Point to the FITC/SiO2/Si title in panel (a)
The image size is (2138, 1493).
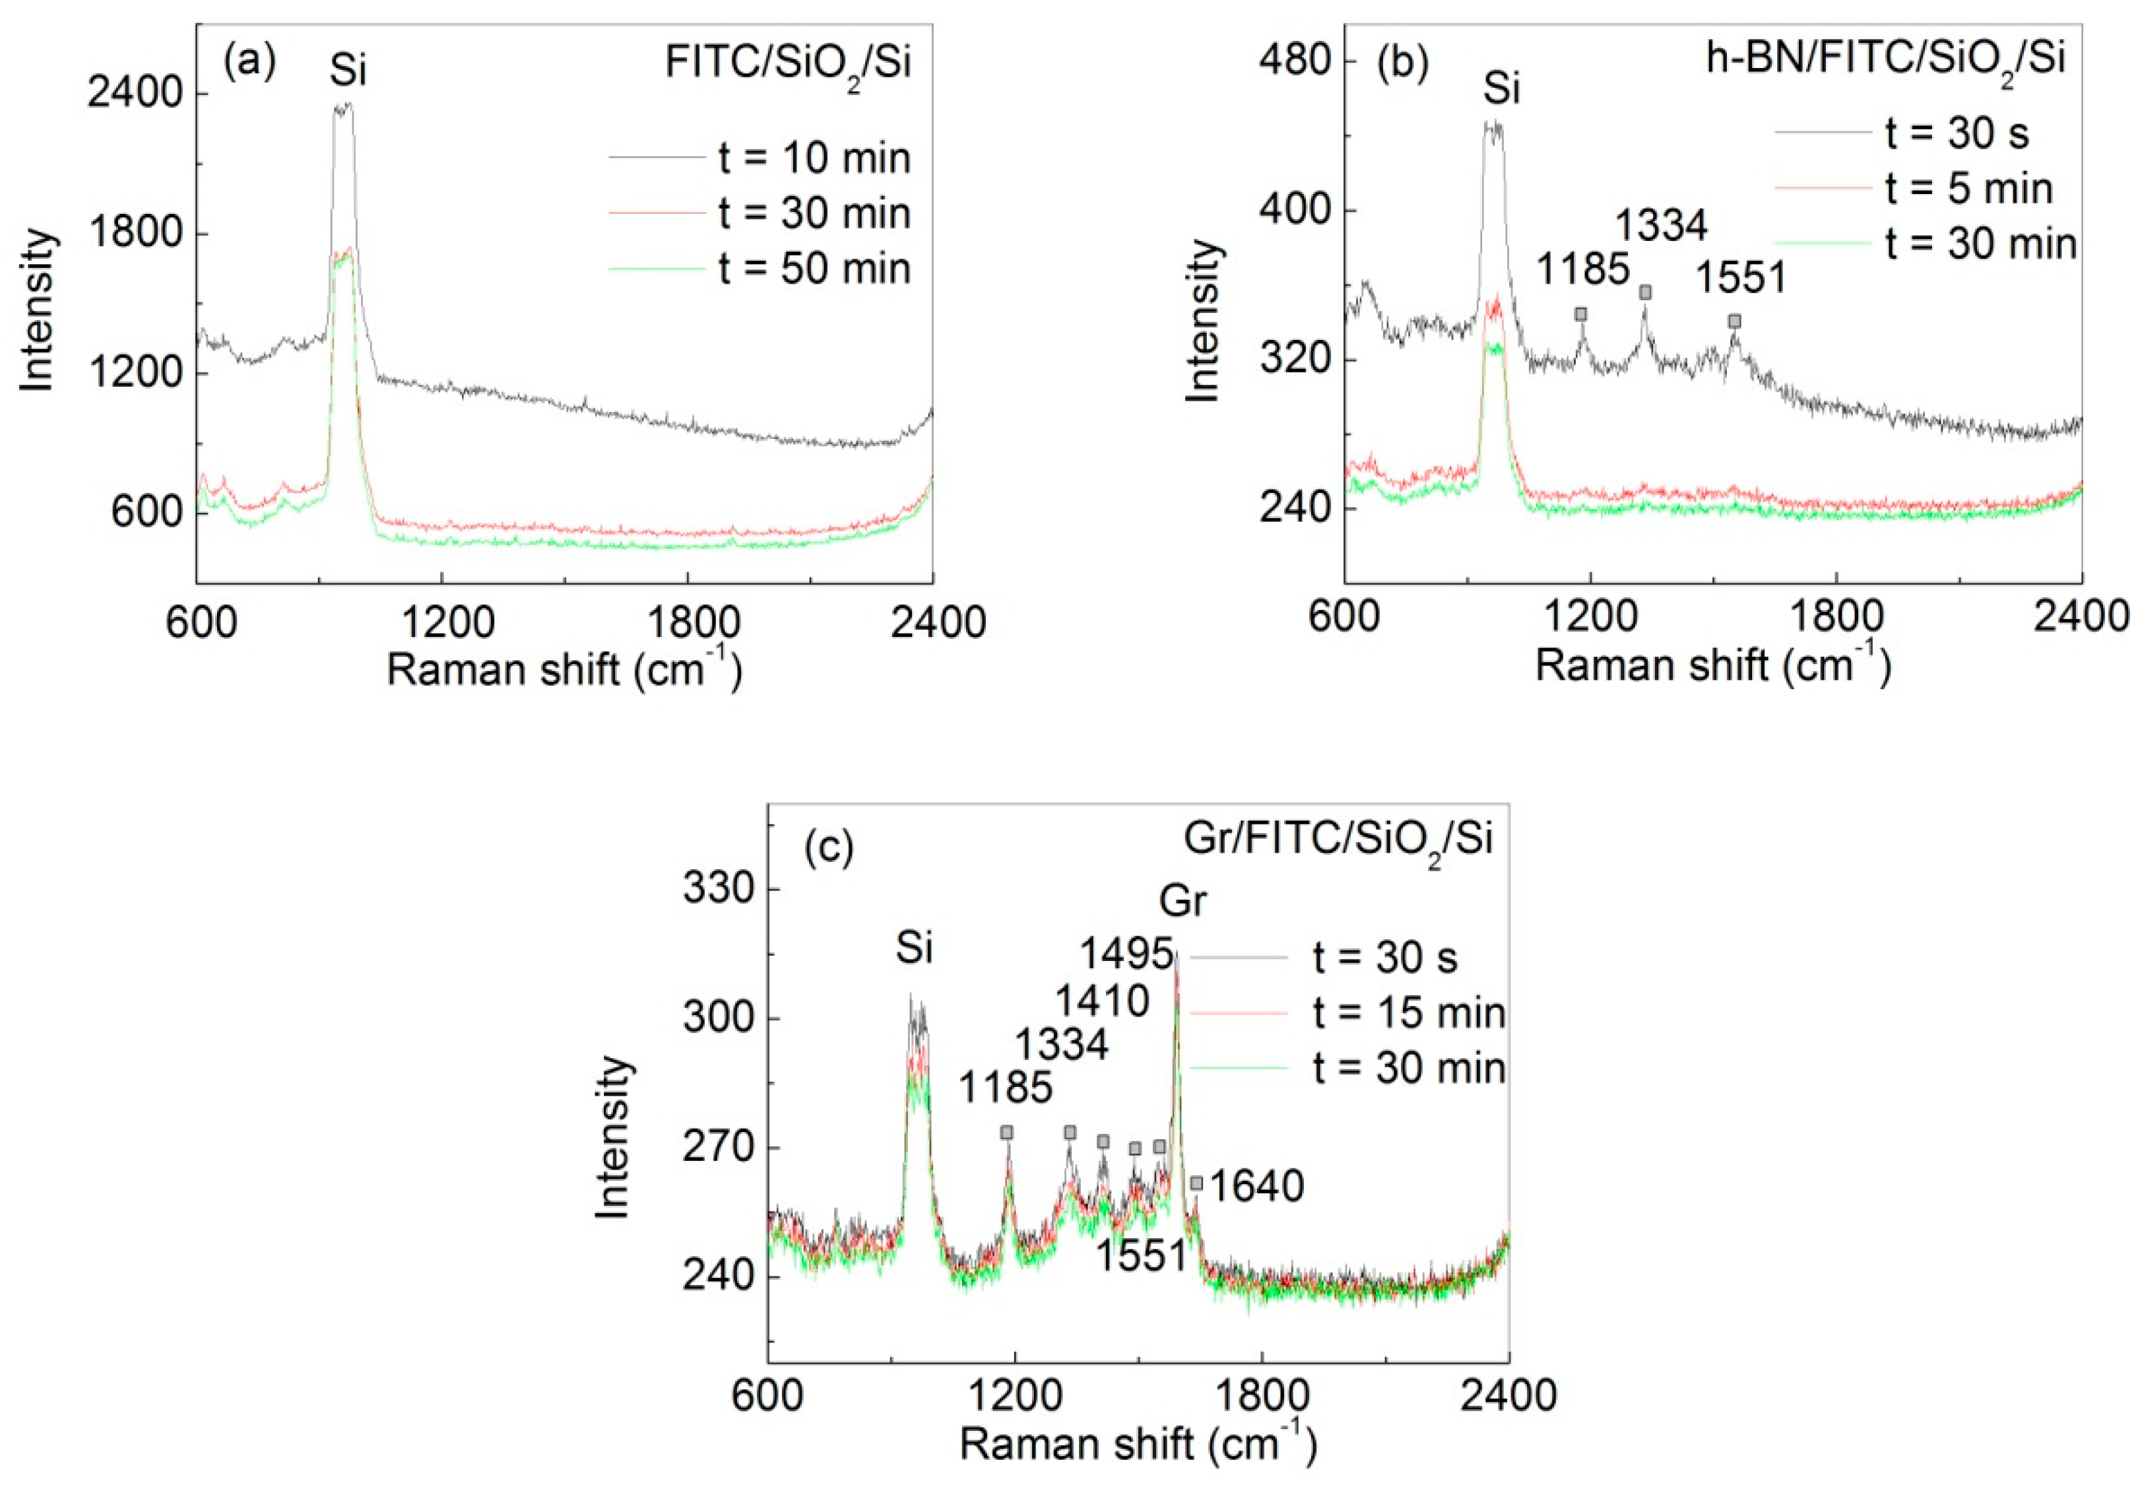788,63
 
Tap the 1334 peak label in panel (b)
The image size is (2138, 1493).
1661,225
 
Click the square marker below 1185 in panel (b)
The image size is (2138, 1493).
1580,314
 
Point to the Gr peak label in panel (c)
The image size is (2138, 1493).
1182,902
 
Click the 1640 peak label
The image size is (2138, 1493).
1256,1187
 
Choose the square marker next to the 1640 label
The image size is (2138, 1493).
1196,1183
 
